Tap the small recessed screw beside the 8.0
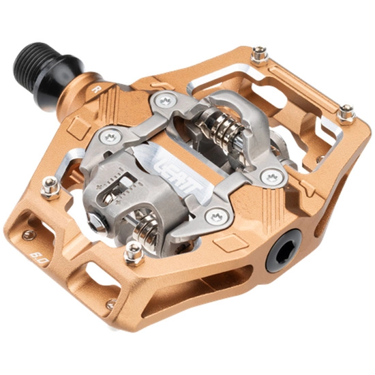pyautogui.click(x=28, y=235)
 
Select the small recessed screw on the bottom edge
pyautogui.click(x=109, y=304)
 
